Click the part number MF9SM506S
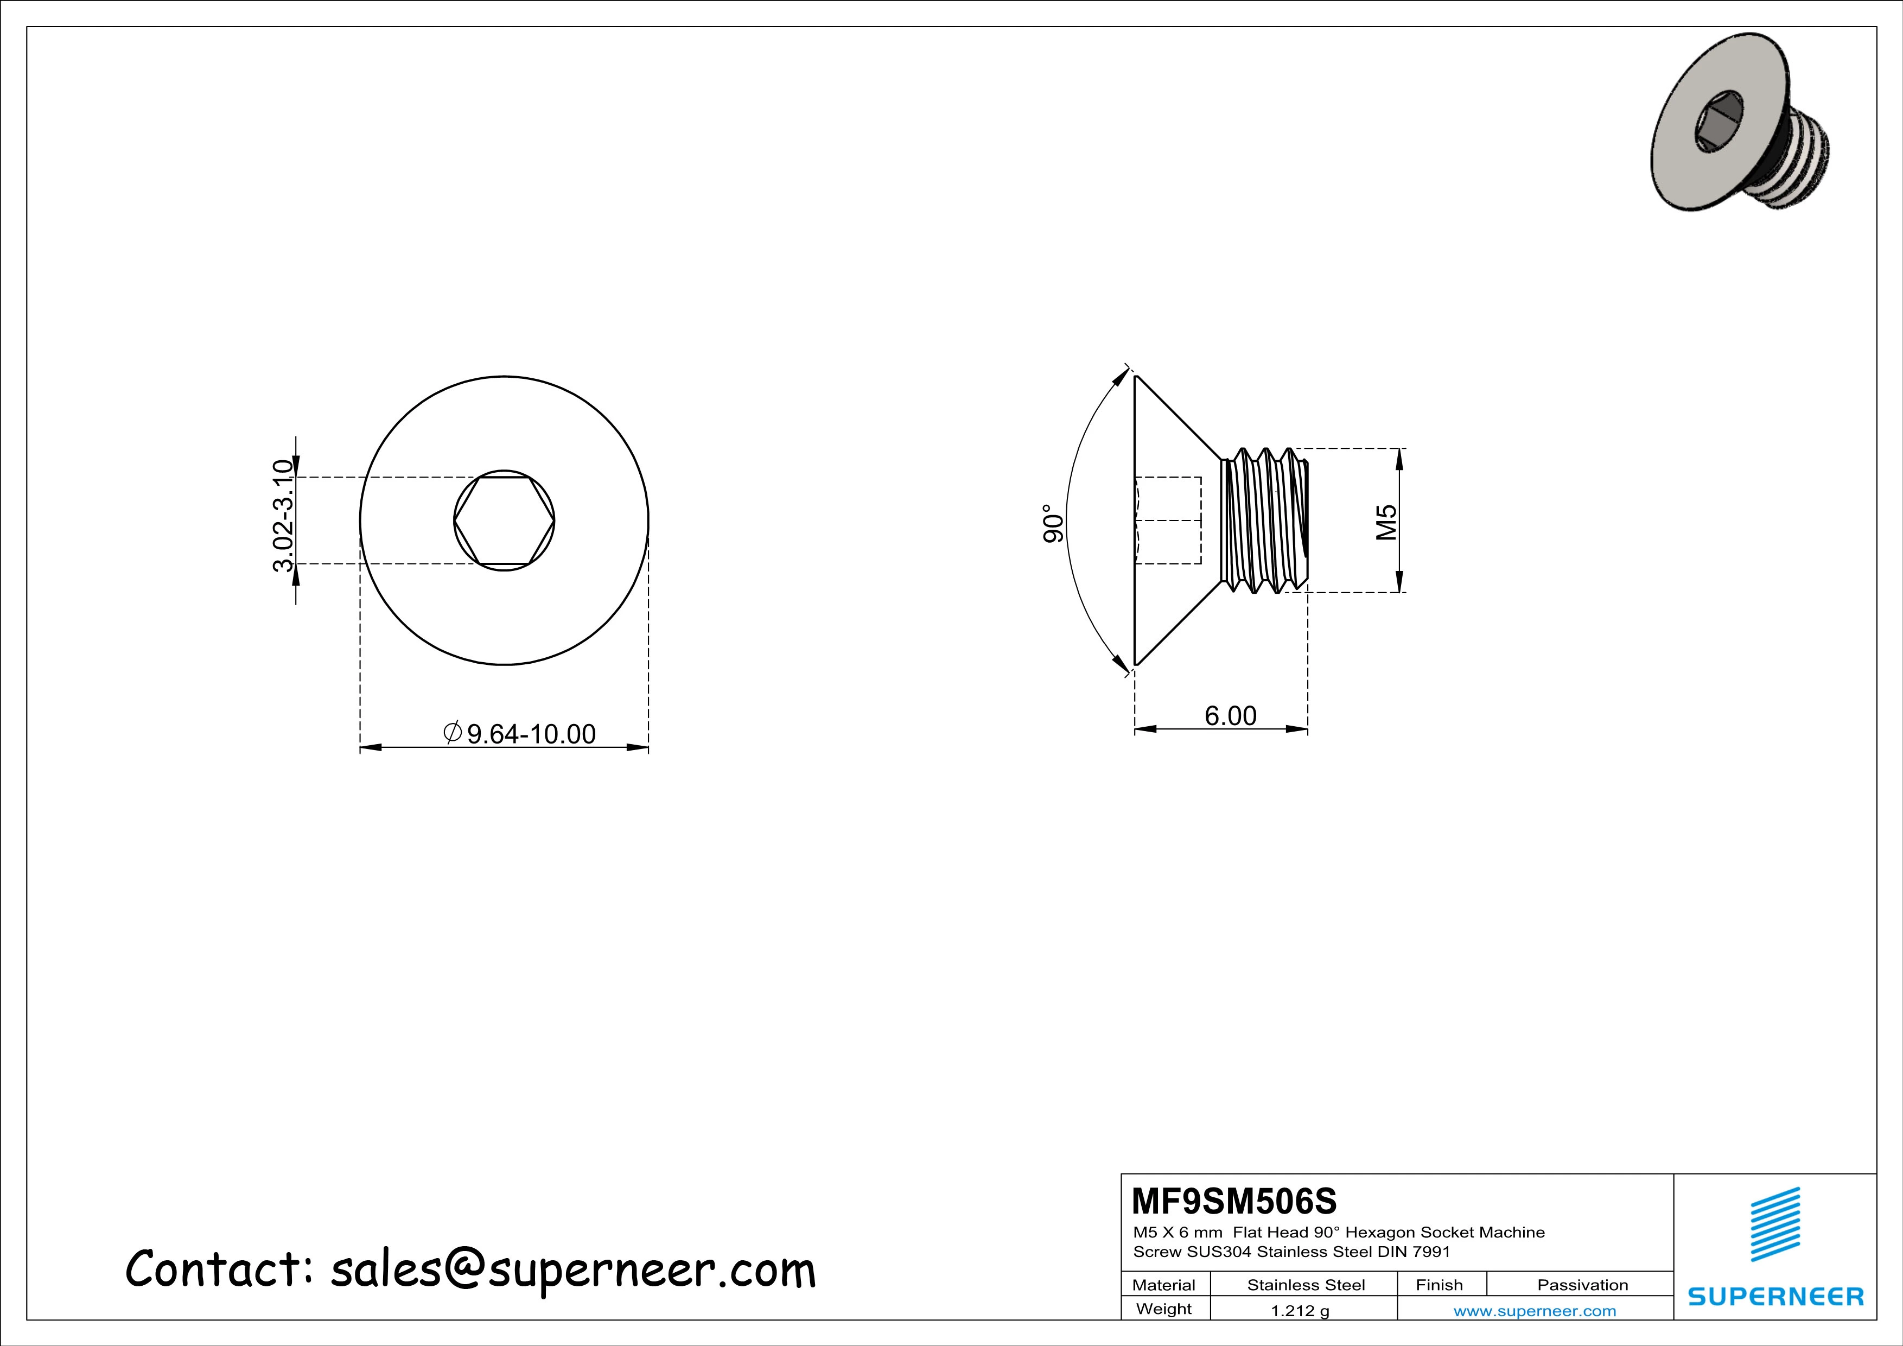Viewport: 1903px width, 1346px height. point(1233,1201)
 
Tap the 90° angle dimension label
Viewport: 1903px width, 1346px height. point(1052,523)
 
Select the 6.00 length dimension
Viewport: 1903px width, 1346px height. point(1230,715)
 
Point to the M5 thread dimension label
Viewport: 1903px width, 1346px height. point(1386,522)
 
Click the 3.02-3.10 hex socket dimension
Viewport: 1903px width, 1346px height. point(283,516)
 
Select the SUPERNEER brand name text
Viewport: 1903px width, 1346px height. point(1775,1296)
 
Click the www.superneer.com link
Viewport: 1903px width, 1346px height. point(1534,1310)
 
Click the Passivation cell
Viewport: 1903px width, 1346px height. point(1582,1285)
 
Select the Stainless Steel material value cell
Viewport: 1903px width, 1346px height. point(1306,1285)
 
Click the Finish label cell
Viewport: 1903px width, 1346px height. point(1439,1285)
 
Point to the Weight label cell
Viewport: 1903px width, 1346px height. point(1164,1309)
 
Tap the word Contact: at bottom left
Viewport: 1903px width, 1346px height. point(217,1269)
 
